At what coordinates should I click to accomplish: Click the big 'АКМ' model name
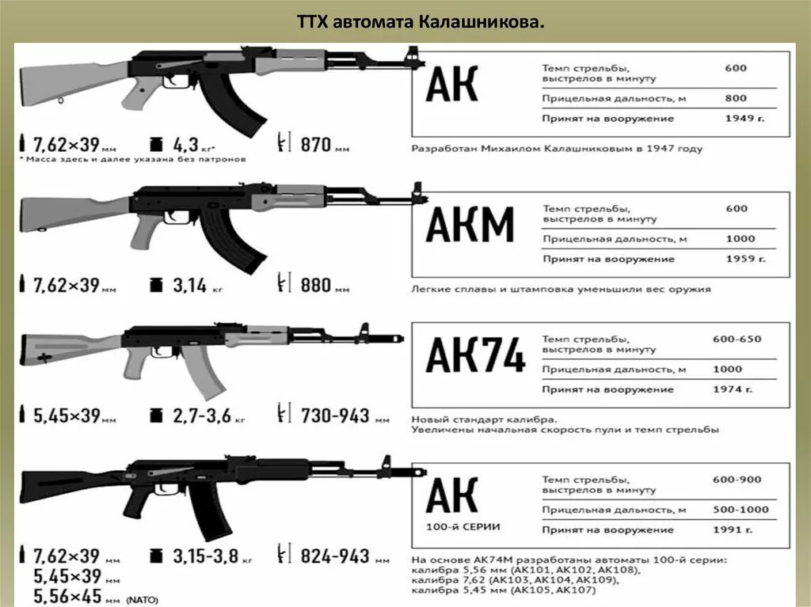click(470, 225)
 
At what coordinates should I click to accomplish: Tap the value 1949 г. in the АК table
click(745, 119)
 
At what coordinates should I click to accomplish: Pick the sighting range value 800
click(735, 98)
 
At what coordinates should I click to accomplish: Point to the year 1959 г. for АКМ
click(745, 259)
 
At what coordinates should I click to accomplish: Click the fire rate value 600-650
click(737, 339)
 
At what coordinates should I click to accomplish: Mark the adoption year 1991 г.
click(744, 530)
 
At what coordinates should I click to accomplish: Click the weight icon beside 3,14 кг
click(156, 284)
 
